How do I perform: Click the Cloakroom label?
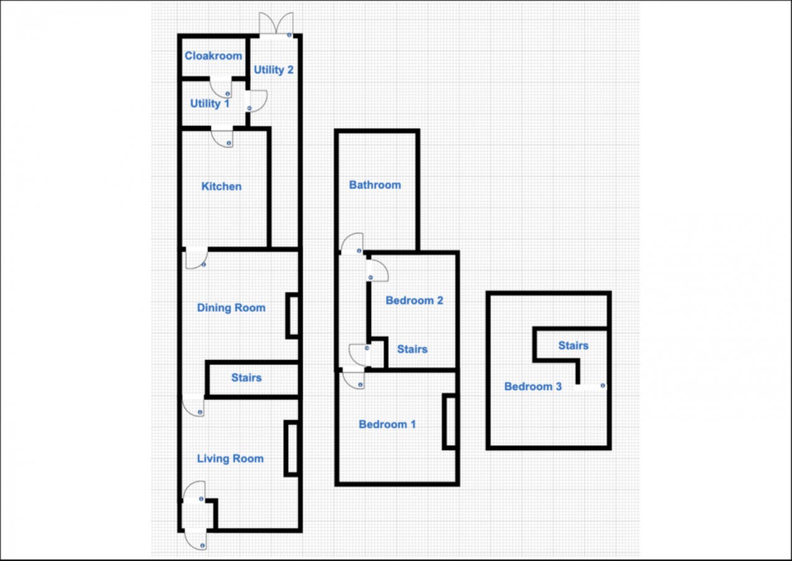[x=213, y=56]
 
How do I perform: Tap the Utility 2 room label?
[x=273, y=70]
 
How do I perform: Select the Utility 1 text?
[x=210, y=104]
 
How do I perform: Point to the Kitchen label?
[x=222, y=186]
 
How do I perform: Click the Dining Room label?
[x=231, y=308]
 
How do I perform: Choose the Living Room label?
[x=230, y=459]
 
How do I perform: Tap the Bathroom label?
[x=375, y=185]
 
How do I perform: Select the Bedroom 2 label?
[x=414, y=301]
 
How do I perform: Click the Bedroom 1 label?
[x=387, y=425]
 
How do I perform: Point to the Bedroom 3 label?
[x=533, y=387]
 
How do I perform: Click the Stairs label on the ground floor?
[x=246, y=378]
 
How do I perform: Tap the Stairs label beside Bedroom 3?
[x=573, y=346]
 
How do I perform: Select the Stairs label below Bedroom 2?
[x=412, y=350]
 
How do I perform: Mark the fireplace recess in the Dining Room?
[x=293, y=316]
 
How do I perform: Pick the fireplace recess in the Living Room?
[x=291, y=448]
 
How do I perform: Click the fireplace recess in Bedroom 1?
[x=450, y=422]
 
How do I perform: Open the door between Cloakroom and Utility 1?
[x=220, y=86]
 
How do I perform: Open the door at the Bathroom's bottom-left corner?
[x=352, y=244]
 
